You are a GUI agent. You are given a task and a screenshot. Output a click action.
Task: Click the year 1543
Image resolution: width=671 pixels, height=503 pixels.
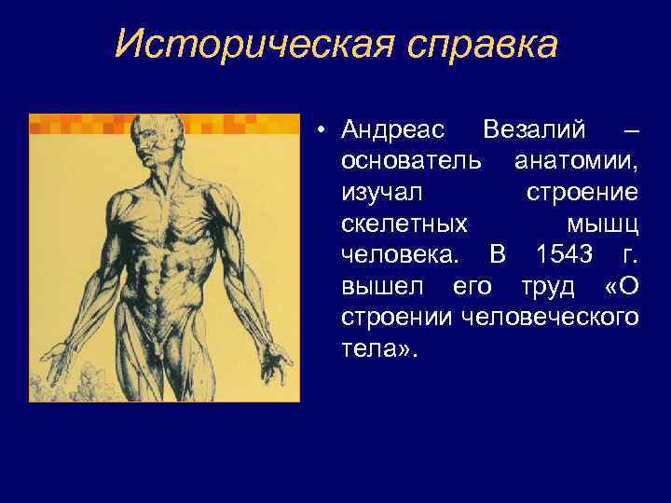(x=565, y=254)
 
